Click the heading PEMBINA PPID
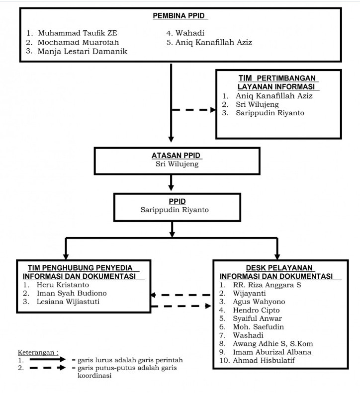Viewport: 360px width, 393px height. coord(179,16)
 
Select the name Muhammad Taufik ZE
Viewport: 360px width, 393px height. coord(78,33)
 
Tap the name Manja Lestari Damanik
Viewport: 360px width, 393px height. coord(83,51)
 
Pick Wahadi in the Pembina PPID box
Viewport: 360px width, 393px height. coord(190,33)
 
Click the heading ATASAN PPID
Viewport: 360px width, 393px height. coord(176,156)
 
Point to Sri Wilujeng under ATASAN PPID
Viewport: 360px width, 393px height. coord(177,164)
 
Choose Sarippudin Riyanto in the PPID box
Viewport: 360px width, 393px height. coord(175,210)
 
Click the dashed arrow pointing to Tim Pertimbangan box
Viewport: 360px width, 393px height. coord(193,110)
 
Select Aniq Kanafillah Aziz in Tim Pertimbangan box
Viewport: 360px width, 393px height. coord(274,96)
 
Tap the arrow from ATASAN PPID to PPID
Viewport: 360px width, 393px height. coord(171,182)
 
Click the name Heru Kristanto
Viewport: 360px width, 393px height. coord(63,285)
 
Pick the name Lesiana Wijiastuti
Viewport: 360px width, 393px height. coord(68,302)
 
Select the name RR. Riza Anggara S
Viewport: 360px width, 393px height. coord(267,285)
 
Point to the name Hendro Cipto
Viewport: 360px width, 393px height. coord(256,311)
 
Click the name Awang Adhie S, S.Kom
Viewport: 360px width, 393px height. coord(273,344)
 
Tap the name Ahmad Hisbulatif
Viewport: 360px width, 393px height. coord(264,360)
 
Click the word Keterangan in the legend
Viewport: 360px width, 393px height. coord(36,352)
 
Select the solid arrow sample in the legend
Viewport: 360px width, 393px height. coord(48,359)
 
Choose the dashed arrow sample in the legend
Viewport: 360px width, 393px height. coord(48,368)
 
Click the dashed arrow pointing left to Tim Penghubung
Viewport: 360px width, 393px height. coord(181,295)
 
